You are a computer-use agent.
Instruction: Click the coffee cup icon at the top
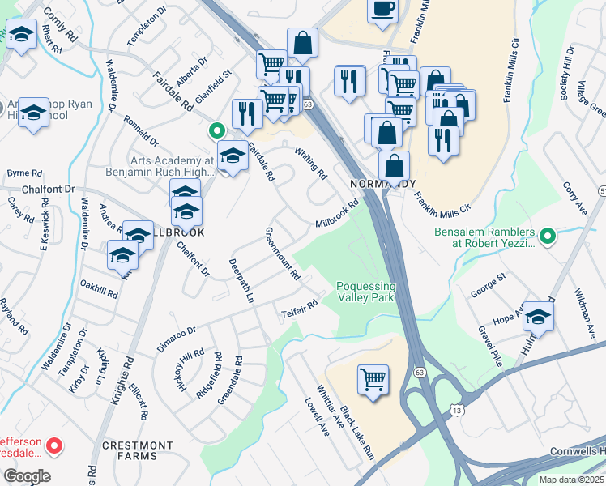[x=383, y=10]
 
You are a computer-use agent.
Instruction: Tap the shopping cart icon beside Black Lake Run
[x=373, y=379]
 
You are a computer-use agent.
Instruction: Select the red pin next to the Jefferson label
[x=54, y=445]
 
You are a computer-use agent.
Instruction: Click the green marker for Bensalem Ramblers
[x=548, y=236]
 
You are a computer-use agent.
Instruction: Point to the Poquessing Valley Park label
[x=366, y=292]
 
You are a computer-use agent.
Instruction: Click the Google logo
[x=27, y=476]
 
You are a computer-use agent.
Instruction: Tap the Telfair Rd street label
[x=299, y=309]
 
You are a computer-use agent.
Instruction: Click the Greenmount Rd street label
[x=283, y=254]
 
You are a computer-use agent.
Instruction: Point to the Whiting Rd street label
[x=310, y=163]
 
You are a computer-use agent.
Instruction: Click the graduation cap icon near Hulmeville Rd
[x=537, y=318]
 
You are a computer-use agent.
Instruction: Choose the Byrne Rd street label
[x=23, y=173]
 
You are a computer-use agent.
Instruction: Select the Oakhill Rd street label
[x=100, y=289]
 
